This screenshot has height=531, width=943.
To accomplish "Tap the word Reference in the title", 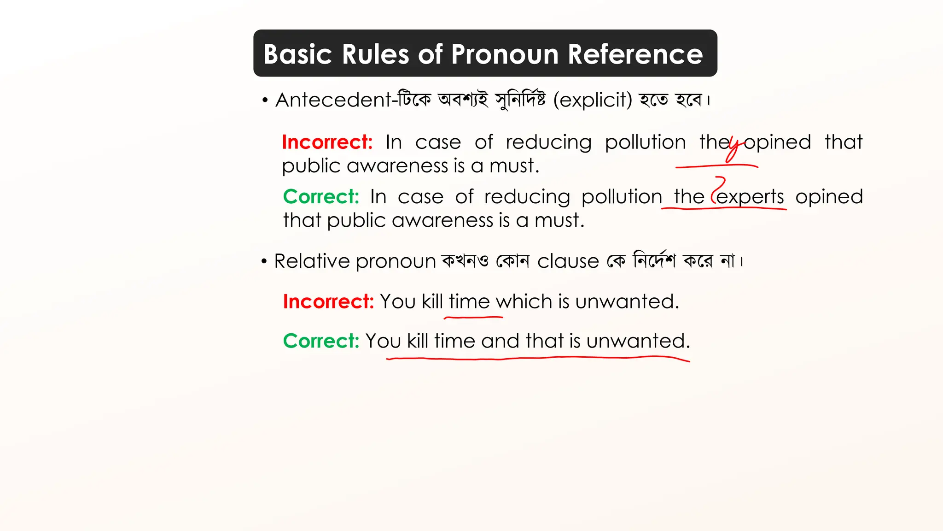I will point(635,54).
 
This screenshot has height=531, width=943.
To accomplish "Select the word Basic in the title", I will point(297,54).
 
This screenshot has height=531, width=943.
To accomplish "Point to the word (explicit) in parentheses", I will point(593,100).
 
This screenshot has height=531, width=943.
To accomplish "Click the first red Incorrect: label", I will point(327,142).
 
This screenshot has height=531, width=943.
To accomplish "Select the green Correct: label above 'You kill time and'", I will point(321,341).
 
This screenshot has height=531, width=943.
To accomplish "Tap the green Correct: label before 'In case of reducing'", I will point(321,197).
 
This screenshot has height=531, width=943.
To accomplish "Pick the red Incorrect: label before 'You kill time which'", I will point(328,301).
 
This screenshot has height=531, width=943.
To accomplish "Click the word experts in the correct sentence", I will point(750,197).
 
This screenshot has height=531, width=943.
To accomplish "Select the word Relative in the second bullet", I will point(312,261).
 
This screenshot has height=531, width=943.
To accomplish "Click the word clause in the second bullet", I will point(568,261).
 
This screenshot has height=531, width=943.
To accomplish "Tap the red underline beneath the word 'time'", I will point(473,317).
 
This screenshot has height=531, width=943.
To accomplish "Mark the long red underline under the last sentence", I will point(539,358).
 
